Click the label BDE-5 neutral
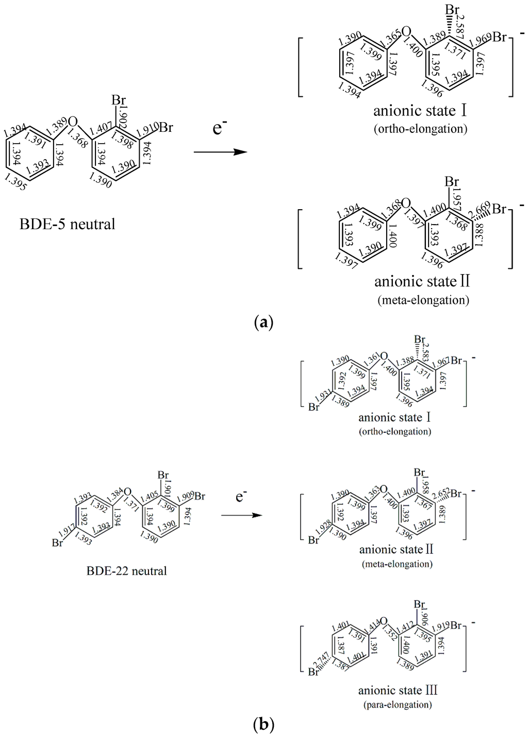(67, 224)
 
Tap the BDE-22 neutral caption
(127, 571)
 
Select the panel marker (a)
(263, 323)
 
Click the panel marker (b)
(263, 725)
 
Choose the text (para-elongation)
(395, 704)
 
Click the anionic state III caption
(398, 690)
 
